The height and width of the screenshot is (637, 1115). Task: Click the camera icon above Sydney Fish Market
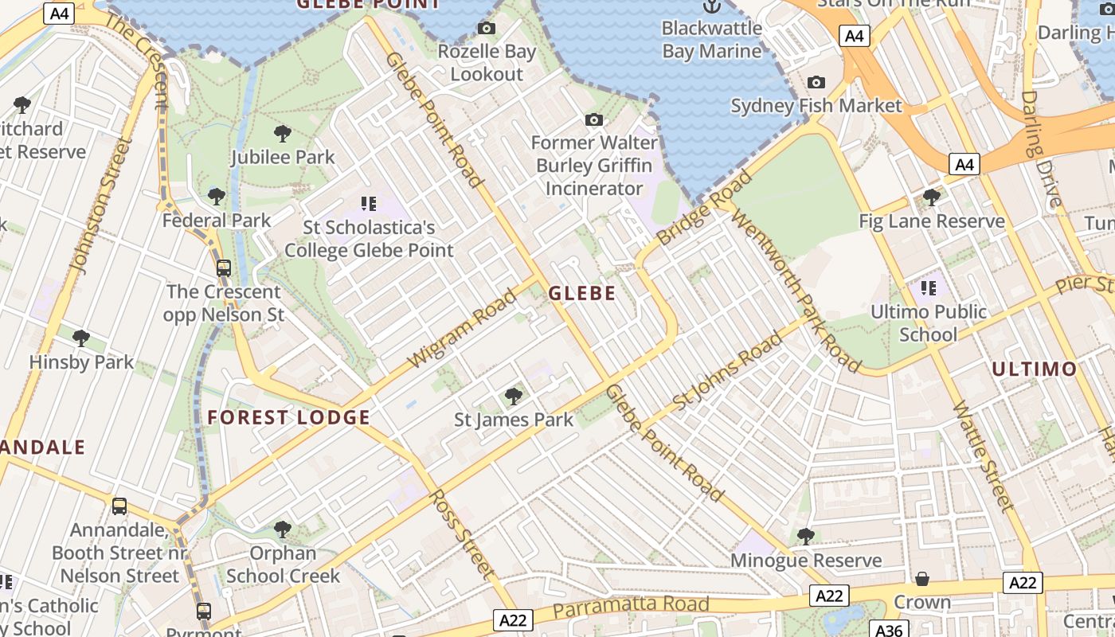point(816,82)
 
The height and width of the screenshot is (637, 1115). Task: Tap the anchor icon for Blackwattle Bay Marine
point(711,6)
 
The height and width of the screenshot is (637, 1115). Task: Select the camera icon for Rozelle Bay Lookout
point(486,29)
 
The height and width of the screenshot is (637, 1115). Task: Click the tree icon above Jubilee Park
point(282,134)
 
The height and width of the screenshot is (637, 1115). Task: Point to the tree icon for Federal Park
point(216,197)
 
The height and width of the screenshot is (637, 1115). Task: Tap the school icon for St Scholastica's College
point(368,204)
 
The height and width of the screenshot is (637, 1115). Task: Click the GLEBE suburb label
point(581,293)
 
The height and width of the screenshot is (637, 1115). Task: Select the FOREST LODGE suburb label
point(288,417)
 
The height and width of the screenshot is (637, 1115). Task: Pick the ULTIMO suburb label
point(1034,369)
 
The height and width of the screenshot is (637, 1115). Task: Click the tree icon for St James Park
point(514,396)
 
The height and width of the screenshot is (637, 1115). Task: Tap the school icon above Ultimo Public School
point(928,287)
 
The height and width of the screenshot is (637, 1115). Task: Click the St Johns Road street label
point(727,373)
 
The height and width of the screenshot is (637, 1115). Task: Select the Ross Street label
point(461,532)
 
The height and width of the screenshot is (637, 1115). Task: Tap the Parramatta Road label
point(630,606)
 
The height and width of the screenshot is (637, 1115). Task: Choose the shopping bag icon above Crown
point(921,578)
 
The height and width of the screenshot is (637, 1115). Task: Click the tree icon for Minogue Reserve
point(805,537)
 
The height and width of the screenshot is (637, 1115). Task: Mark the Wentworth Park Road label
point(795,290)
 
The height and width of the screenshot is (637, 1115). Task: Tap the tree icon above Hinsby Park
point(80,338)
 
